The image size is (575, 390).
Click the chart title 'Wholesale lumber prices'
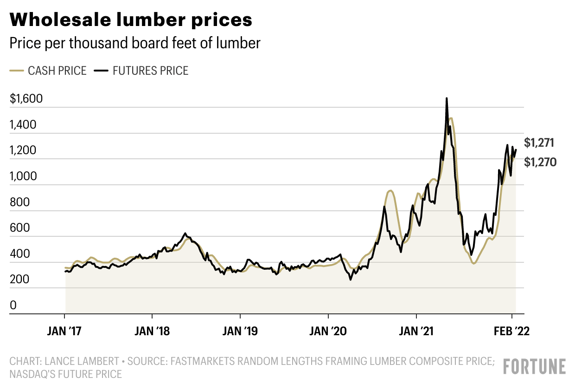click(x=131, y=20)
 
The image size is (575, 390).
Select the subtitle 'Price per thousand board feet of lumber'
click(x=135, y=43)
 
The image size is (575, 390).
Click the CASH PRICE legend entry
click(x=48, y=71)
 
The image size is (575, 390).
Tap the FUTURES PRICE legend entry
click(x=141, y=71)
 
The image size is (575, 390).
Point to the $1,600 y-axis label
click(x=26, y=99)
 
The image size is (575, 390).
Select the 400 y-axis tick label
click(x=19, y=254)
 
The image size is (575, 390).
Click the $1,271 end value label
click(x=539, y=143)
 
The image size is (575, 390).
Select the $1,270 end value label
click(x=539, y=162)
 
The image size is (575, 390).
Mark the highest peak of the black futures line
click(x=447, y=98)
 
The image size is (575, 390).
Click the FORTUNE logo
click(x=534, y=366)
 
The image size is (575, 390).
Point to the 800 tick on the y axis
click(x=19, y=202)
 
